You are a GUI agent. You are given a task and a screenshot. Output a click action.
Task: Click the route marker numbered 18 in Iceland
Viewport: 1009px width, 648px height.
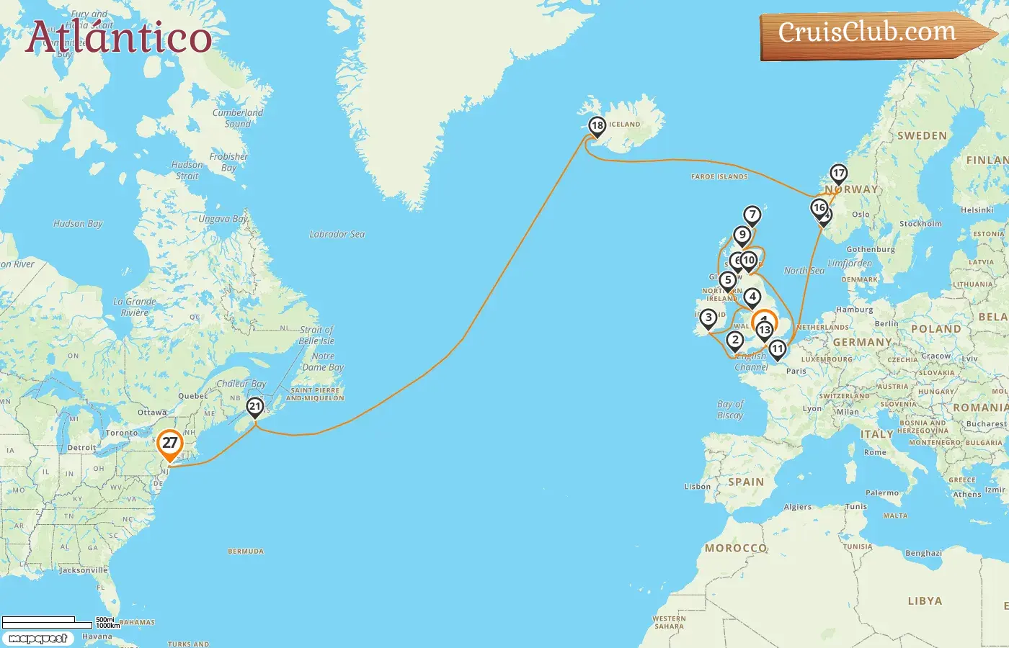pyautogui.click(x=597, y=126)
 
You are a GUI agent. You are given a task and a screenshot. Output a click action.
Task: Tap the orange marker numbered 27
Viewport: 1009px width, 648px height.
pyautogui.click(x=169, y=444)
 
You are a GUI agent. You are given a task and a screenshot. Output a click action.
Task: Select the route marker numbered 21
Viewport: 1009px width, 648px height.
pyautogui.click(x=254, y=407)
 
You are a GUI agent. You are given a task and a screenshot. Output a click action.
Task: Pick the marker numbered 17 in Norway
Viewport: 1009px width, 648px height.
pyautogui.click(x=838, y=174)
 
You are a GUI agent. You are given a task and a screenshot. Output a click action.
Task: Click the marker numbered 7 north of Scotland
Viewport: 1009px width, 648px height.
pyautogui.click(x=752, y=215)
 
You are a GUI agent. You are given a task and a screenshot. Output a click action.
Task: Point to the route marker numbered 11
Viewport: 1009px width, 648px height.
pyautogui.click(x=777, y=349)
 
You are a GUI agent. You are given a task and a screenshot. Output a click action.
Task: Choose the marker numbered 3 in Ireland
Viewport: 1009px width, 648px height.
pyautogui.click(x=708, y=318)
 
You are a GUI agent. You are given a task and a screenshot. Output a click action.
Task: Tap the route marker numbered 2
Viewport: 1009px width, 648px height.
pyautogui.click(x=735, y=340)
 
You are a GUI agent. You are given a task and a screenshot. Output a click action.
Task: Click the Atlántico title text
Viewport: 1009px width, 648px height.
pyautogui.click(x=119, y=37)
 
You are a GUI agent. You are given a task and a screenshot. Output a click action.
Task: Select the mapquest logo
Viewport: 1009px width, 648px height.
pyautogui.click(x=38, y=639)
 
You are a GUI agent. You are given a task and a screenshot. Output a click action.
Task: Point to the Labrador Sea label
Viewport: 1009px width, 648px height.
pyautogui.click(x=337, y=234)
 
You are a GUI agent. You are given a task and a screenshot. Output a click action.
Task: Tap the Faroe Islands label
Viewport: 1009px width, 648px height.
pyautogui.click(x=719, y=176)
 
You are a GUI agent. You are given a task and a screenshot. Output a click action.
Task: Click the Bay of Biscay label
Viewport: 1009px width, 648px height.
pyautogui.click(x=730, y=410)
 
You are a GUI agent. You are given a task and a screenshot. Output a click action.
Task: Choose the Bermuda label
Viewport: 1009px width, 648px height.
pyautogui.click(x=246, y=552)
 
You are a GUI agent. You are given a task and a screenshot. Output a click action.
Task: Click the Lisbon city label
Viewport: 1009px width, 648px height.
pyautogui.click(x=697, y=487)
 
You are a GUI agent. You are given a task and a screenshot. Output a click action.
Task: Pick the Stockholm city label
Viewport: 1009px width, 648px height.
pyautogui.click(x=920, y=224)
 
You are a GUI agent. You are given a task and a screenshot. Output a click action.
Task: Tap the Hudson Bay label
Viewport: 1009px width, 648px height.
pyautogui.click(x=78, y=224)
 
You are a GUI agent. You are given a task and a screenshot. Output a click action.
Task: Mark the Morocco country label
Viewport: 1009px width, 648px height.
pyautogui.click(x=736, y=548)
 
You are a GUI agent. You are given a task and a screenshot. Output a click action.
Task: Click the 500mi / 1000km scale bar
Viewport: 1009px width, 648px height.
pyautogui.click(x=58, y=621)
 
